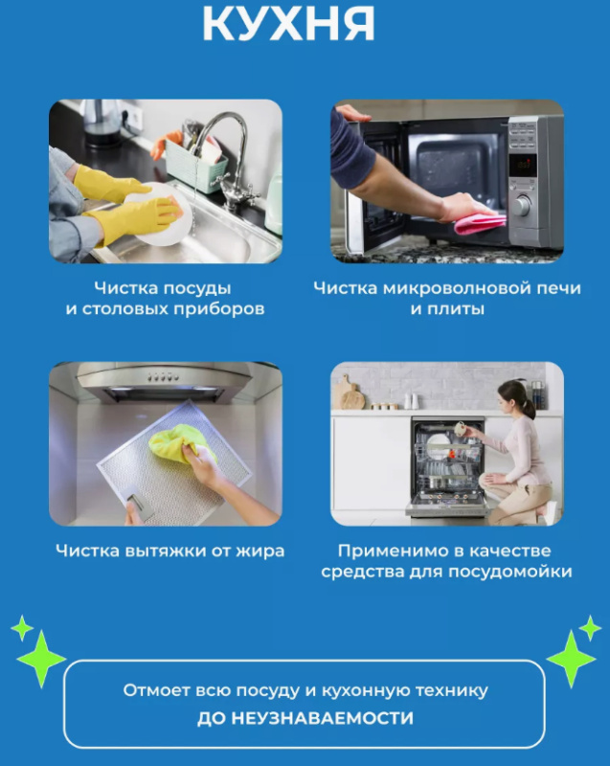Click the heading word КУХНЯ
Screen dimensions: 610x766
click(x=288, y=22)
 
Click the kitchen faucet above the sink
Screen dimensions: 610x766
click(x=230, y=156)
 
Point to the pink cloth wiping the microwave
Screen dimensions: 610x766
click(x=480, y=223)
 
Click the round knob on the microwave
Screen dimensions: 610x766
click(x=522, y=206)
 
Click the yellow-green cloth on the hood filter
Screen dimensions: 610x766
click(x=181, y=442)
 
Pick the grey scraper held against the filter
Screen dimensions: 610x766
click(x=138, y=502)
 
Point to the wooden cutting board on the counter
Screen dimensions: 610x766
click(x=350, y=394)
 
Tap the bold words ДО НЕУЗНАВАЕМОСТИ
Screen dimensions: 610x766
click(x=305, y=718)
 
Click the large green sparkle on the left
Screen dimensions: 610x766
click(x=41, y=659)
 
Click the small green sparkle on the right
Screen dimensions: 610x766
click(x=590, y=628)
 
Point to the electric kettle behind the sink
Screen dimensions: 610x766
click(x=102, y=123)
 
